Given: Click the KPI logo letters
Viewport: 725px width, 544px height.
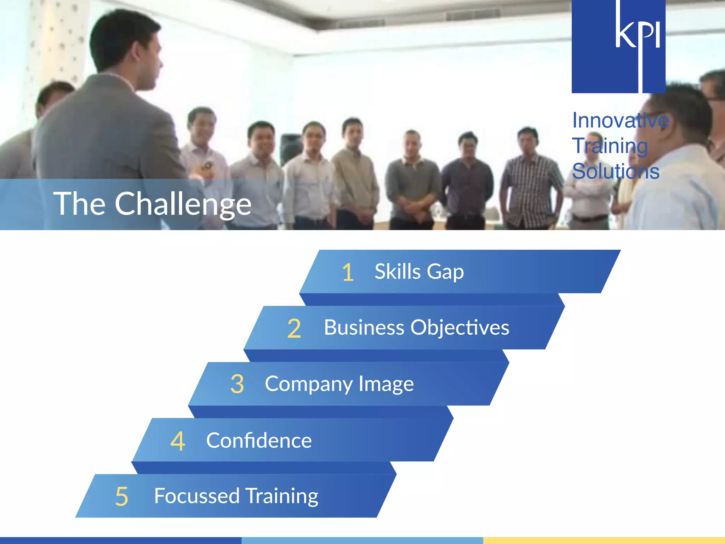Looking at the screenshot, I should (637, 34).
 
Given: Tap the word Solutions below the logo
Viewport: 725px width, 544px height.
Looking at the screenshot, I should (616, 171).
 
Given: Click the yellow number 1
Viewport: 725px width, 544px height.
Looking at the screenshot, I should (348, 272).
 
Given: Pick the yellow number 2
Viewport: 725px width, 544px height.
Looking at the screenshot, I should (294, 328).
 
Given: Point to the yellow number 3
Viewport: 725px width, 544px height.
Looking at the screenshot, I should (237, 384).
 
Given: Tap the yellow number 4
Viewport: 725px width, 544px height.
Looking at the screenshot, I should (178, 441).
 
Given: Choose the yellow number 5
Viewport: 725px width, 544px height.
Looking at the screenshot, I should (121, 497).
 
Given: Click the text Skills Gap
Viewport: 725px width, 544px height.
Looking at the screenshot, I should (419, 272).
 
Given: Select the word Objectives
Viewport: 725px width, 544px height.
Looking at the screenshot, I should (459, 328).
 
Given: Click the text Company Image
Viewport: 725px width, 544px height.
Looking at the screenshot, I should (339, 384).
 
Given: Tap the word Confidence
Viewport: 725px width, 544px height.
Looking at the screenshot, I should (259, 440).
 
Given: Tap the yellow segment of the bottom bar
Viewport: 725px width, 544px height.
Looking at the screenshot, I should (604, 540).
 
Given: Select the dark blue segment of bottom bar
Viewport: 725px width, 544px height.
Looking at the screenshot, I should (120, 540).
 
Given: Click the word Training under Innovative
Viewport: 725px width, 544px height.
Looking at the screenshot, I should (610, 146).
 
